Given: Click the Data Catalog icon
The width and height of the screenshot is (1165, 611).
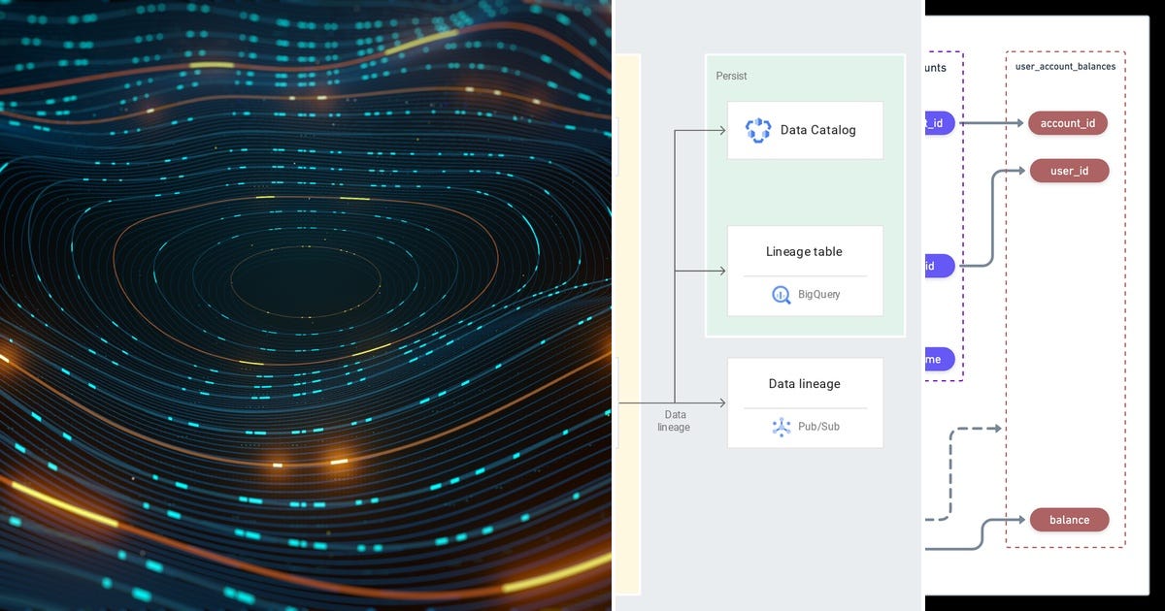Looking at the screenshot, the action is click(757, 130).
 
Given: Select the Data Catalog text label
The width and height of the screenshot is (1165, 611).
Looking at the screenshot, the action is click(818, 130).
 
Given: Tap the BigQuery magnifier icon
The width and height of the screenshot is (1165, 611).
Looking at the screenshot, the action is click(782, 295).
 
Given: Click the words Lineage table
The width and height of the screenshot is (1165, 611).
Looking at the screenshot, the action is click(804, 252).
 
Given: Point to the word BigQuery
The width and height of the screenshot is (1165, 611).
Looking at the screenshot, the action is click(819, 295).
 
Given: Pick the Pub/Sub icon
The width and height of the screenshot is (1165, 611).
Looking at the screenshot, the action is click(782, 427).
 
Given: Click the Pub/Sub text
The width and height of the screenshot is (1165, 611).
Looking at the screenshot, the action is click(819, 427).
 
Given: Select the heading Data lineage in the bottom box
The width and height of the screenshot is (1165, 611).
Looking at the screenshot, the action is click(804, 384).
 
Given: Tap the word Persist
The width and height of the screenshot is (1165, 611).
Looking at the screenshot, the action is click(732, 76).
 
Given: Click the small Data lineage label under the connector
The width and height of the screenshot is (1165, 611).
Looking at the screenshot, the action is click(674, 421).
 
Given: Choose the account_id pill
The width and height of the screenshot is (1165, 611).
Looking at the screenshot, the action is click(1068, 123).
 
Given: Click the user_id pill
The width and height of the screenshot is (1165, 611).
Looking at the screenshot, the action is click(1069, 171).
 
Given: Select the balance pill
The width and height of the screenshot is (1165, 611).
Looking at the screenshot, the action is click(1069, 520).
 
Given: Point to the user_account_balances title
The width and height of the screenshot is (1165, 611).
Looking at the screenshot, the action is click(1065, 67).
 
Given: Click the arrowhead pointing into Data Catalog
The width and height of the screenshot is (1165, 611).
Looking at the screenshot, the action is click(721, 130).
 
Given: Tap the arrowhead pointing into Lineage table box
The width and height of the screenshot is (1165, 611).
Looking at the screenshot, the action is click(721, 272).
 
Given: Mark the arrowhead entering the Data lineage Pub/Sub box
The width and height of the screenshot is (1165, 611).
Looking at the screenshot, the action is click(721, 402).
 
